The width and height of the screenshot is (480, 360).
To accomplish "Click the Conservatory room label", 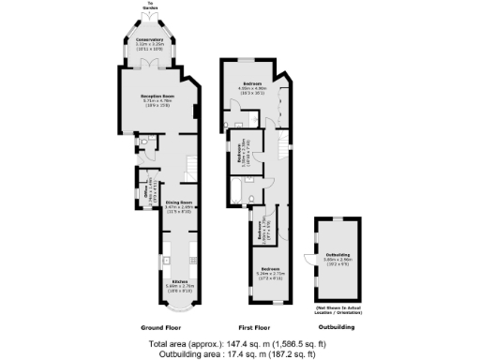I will pyautogui.click(x=150, y=42).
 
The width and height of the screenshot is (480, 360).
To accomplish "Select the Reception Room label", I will pyautogui.click(x=158, y=97).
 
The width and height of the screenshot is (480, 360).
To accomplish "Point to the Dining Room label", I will pyautogui.click(x=178, y=204).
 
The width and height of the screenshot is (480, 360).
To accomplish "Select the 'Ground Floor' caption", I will pyautogui.click(x=161, y=327).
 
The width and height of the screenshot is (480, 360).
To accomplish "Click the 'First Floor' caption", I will pyautogui.click(x=255, y=327).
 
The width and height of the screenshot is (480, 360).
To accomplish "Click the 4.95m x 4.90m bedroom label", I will pyautogui.click(x=249, y=86).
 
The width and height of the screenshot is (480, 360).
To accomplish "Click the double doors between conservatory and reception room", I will pyautogui.click(x=150, y=63).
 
